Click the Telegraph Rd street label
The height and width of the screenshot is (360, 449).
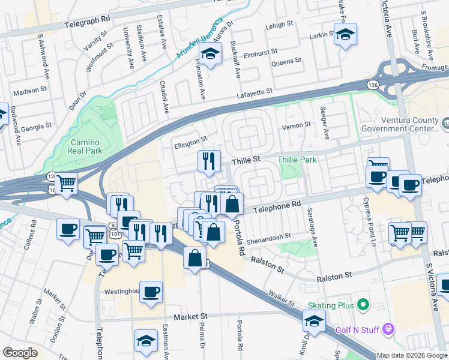pyautogui.click(x=89, y=19)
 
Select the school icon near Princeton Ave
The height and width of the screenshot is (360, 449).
pyautogui.click(x=210, y=55)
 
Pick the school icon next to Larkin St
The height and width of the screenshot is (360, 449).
pyautogui.click(x=345, y=35)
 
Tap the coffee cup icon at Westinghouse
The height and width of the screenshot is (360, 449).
pyautogui.click(x=151, y=292)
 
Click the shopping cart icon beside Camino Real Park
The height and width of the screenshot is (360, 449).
pyautogui.click(x=67, y=182)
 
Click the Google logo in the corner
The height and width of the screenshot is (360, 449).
pyautogui.click(x=20, y=353)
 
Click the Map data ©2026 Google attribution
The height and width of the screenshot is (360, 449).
pyautogui.click(x=412, y=355)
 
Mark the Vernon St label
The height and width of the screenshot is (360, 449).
pyautogui.click(x=298, y=125)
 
